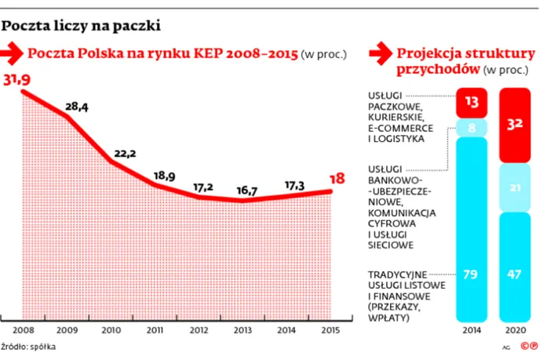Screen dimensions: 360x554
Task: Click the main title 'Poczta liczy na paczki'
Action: pyautogui.click(x=81, y=26)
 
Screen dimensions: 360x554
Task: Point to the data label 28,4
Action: pyautogui.click(x=76, y=107)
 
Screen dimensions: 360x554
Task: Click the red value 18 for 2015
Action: pyautogui.click(x=337, y=179)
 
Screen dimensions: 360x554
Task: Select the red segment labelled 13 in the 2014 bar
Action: pyautogui.click(x=472, y=102)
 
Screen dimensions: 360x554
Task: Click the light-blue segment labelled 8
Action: pyautogui.click(x=472, y=126)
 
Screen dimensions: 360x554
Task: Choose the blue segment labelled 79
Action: pyautogui.click(x=472, y=275)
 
